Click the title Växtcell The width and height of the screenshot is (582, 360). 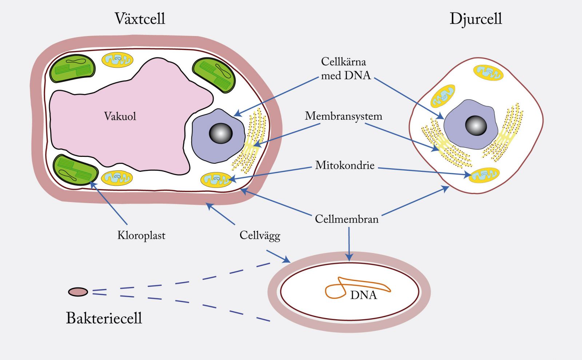coord(140,19)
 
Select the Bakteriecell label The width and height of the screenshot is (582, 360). coord(104,318)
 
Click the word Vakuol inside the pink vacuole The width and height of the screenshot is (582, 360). coord(120,116)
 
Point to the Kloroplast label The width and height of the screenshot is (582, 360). coord(141,236)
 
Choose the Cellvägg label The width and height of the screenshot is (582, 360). coord(260,236)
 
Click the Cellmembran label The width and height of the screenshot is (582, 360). coord(347,219)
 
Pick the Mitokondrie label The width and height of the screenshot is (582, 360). coord(345,165)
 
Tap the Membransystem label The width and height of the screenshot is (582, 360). coord(343,116)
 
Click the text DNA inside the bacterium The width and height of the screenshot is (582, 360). coord(363,295)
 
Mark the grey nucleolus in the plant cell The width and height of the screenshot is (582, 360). coord(220,133)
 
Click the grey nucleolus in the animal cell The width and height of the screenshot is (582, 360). coord(476,125)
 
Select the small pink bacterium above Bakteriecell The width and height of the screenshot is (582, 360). coord(78,292)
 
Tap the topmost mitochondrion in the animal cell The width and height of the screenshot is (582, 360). coord(488,72)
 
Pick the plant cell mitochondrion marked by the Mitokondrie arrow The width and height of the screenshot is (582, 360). coord(216,179)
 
